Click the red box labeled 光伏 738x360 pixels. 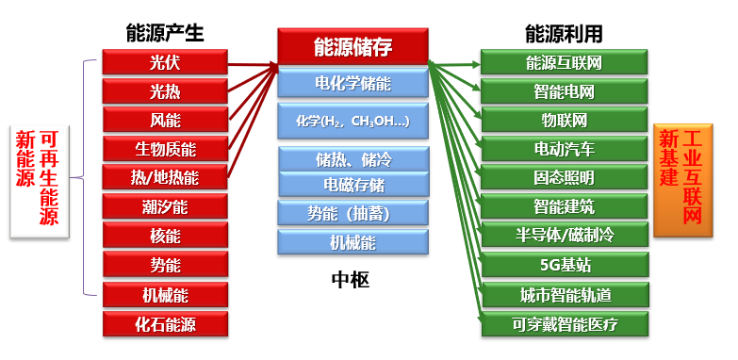165,62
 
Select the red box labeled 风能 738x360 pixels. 165,121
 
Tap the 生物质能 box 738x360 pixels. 165,149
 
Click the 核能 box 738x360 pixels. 165,237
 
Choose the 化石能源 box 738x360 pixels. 165,325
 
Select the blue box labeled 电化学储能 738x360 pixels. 353,84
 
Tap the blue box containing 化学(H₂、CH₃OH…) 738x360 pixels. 353,122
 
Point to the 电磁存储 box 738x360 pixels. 353,185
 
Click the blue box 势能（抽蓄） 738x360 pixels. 353,213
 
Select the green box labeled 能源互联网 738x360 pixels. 564,62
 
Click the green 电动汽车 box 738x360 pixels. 564,149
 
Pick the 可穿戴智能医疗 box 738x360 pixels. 564,325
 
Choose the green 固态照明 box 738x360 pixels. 564,178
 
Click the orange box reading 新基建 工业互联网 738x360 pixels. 681,179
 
